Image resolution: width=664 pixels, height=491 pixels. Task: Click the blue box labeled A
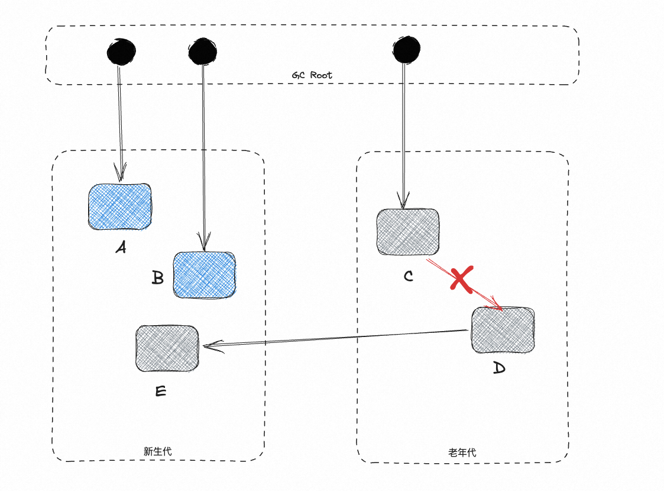119,206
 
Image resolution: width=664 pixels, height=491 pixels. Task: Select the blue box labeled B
204,274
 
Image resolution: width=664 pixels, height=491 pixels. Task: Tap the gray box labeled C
408,232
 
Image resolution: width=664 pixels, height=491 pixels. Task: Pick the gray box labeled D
503,329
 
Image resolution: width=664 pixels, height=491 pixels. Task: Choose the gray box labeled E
167,348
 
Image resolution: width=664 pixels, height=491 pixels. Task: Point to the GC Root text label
312,75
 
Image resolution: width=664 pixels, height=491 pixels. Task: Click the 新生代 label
158,451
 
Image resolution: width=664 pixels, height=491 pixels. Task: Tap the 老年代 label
462,453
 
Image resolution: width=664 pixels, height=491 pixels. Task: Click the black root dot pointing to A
121,52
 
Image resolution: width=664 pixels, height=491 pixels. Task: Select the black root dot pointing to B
203,52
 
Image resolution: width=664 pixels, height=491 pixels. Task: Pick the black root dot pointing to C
406,49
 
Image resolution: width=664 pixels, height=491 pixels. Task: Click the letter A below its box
121,248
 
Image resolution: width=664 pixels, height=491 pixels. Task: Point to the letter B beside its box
157,278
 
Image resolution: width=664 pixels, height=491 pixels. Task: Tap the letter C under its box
408,276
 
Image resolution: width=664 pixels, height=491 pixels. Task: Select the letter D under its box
499,368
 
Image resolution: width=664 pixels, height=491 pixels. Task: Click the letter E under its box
160,391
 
